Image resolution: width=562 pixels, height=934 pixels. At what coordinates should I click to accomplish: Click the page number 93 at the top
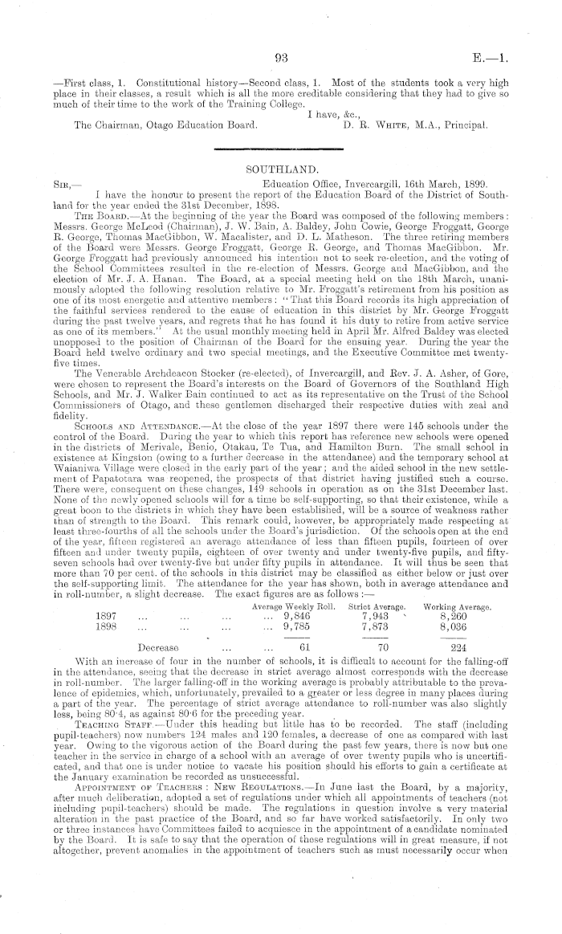pos(280,57)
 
